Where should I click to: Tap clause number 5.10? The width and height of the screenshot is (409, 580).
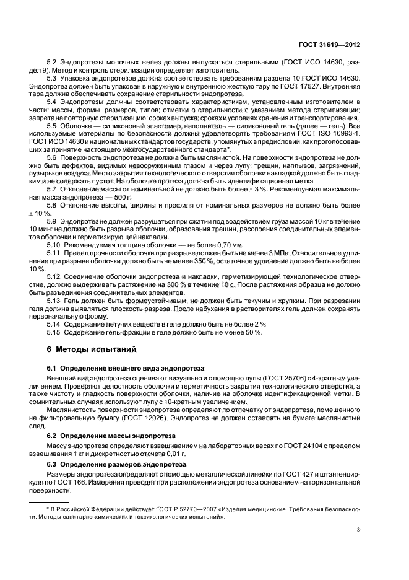pos(54,245)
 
